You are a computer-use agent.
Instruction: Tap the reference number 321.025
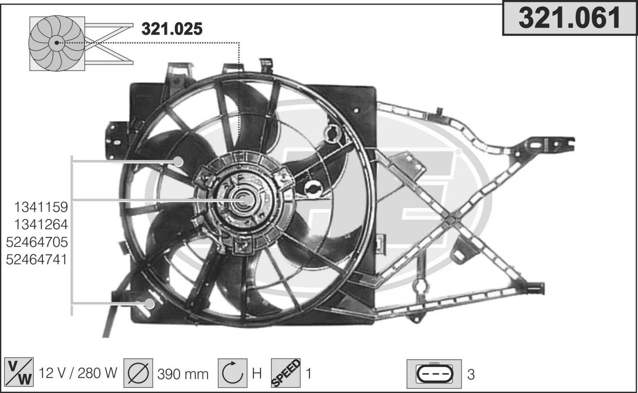pos(172,29)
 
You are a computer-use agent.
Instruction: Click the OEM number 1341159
pos(41,207)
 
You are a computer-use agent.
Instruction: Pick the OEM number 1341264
pos(41,225)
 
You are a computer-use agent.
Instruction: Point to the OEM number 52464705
pos(37,242)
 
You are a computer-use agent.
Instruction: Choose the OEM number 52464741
pos(36,260)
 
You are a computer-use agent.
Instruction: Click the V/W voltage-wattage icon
pos(19,372)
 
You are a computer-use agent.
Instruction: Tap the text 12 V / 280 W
pos(78,373)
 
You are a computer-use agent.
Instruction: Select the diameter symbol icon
pos(138,373)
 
